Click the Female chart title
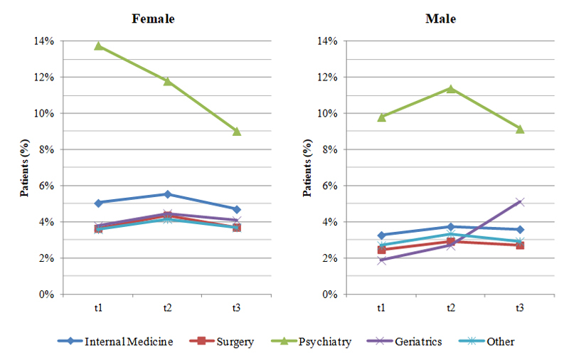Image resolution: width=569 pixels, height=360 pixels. click(x=153, y=18)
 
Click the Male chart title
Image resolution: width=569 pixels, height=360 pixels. click(x=440, y=18)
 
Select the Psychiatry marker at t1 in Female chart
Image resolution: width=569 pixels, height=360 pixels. click(x=98, y=46)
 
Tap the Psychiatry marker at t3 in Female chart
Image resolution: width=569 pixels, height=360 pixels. click(x=237, y=131)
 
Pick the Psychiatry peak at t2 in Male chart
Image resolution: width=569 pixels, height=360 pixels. click(x=451, y=88)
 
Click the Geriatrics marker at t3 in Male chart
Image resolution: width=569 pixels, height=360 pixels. click(x=520, y=202)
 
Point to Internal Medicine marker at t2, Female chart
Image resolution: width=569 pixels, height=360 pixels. click(x=168, y=194)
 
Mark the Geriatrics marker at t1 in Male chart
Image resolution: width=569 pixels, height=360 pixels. click(x=382, y=260)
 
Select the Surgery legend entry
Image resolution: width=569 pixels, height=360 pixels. click(x=231, y=342)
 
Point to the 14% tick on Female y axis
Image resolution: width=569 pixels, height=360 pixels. click(x=43, y=41)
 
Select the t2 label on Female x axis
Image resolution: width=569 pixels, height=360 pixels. click(x=168, y=307)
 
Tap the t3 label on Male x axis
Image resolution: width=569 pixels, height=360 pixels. click(x=520, y=307)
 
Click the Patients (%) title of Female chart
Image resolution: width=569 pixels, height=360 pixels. click(x=23, y=168)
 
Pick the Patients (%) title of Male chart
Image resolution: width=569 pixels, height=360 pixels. click(x=307, y=168)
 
